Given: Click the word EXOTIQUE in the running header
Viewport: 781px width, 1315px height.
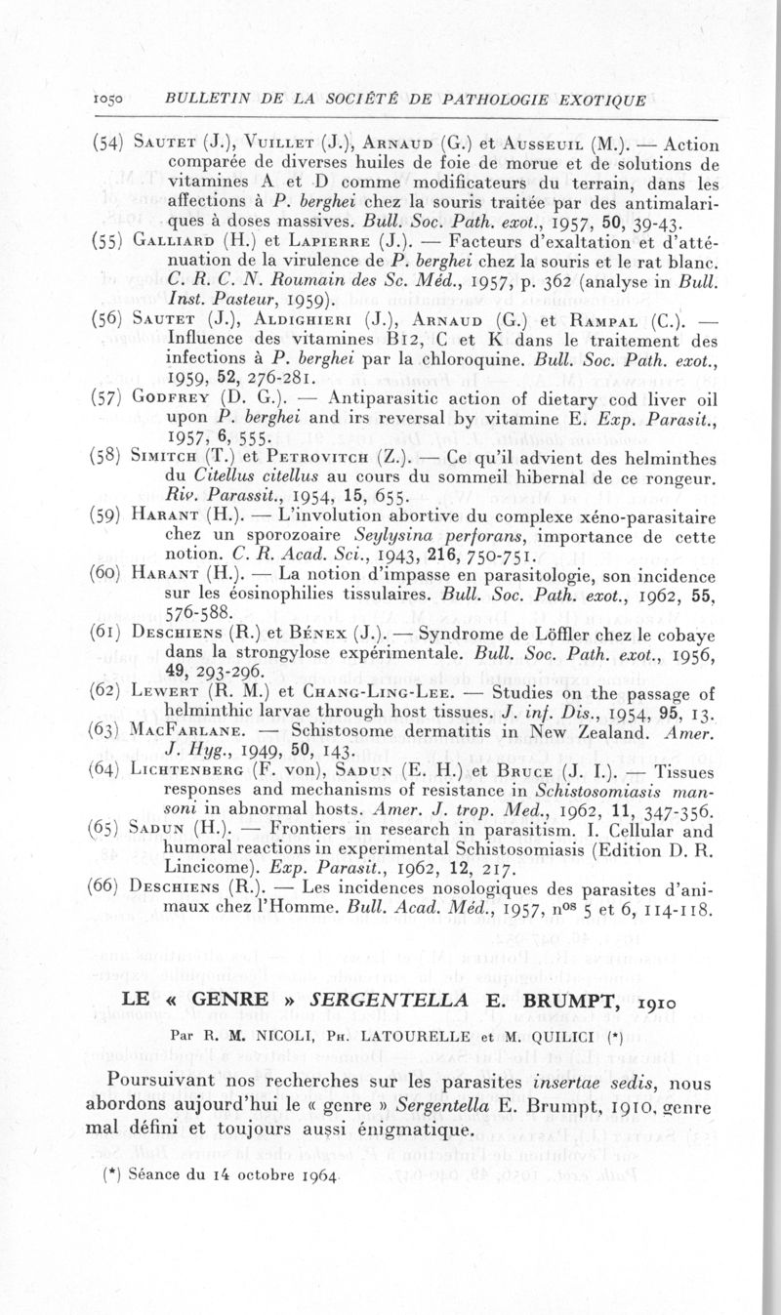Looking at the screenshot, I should pos(596,100).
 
